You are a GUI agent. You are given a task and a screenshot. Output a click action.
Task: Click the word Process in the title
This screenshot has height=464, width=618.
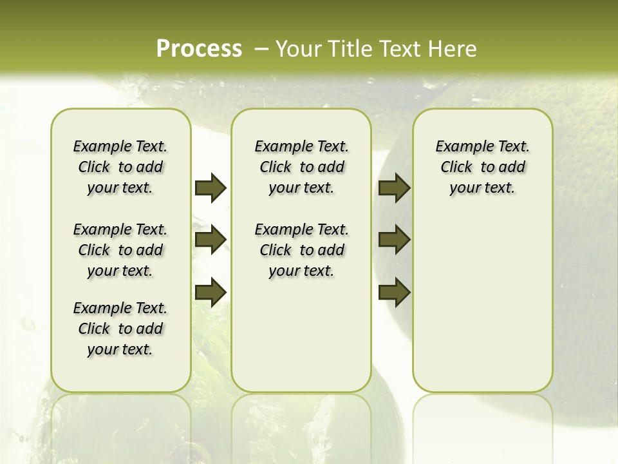[199, 48]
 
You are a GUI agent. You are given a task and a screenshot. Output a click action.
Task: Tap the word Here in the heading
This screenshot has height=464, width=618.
[453, 48]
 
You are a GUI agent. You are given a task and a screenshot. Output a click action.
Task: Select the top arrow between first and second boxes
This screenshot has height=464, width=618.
[210, 188]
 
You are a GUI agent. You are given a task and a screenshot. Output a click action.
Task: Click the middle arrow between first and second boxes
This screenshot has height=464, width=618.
[210, 240]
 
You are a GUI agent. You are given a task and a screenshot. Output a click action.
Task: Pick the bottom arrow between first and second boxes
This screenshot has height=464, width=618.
[210, 292]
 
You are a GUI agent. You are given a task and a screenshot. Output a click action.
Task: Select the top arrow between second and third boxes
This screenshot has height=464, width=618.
[394, 188]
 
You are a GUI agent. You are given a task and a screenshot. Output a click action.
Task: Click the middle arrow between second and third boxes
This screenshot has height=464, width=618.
[394, 240]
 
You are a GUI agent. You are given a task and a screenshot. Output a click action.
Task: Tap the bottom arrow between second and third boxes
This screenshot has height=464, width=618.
[394, 292]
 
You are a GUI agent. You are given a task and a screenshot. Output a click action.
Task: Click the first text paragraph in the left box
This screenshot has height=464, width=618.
[120, 167]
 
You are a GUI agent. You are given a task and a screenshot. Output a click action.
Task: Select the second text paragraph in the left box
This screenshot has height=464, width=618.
[120, 250]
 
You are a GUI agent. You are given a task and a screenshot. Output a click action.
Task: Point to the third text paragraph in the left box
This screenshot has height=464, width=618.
[120, 329]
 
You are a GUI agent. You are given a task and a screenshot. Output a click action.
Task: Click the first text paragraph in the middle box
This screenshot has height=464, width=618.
[301, 167]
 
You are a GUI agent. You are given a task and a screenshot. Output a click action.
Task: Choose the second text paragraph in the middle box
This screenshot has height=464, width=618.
[301, 250]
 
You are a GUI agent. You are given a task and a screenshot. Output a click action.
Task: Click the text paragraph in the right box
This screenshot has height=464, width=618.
[482, 167]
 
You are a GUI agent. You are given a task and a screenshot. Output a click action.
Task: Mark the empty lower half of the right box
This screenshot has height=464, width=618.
[482, 309]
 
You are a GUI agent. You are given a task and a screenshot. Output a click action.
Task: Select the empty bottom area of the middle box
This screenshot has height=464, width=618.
[301, 342]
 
